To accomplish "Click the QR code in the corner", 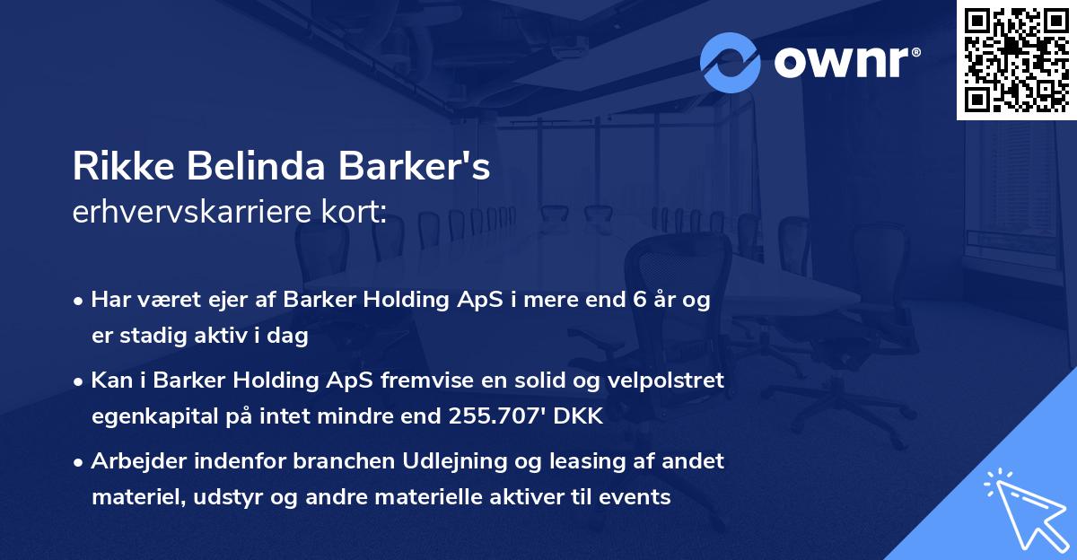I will click(1016, 59).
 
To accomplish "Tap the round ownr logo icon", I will click(731, 63).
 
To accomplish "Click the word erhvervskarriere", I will click(179, 213).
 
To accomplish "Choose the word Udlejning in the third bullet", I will click(458, 461).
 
